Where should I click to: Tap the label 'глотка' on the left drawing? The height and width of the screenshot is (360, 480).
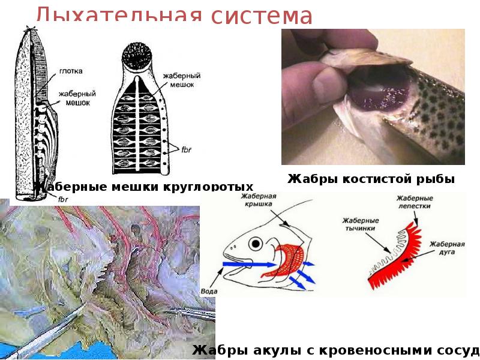(x=71, y=71)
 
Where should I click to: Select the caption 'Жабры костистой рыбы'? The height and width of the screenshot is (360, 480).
(x=371, y=179)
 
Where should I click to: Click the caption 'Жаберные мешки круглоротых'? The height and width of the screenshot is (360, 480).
(x=139, y=187)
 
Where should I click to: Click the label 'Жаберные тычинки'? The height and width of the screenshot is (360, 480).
(x=359, y=224)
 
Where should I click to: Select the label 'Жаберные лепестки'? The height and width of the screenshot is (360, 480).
(x=413, y=201)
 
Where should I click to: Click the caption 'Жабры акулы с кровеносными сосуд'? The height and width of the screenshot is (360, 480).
(x=335, y=350)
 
